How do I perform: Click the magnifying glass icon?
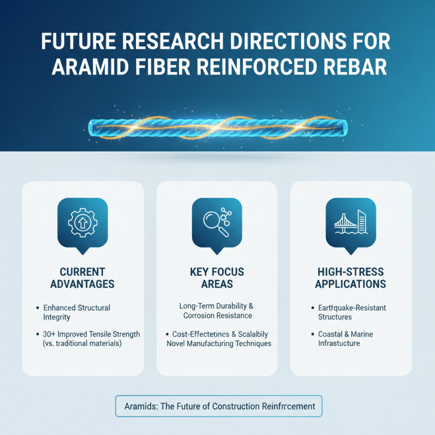tap(216, 222)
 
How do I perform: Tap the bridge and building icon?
tap(350, 222)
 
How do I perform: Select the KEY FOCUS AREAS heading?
tap(216, 277)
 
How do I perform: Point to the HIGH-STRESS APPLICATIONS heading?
tap(350, 277)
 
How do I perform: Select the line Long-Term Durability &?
tap(216, 307)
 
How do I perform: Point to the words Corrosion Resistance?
tap(217, 316)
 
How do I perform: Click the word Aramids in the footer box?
tap(139, 406)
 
